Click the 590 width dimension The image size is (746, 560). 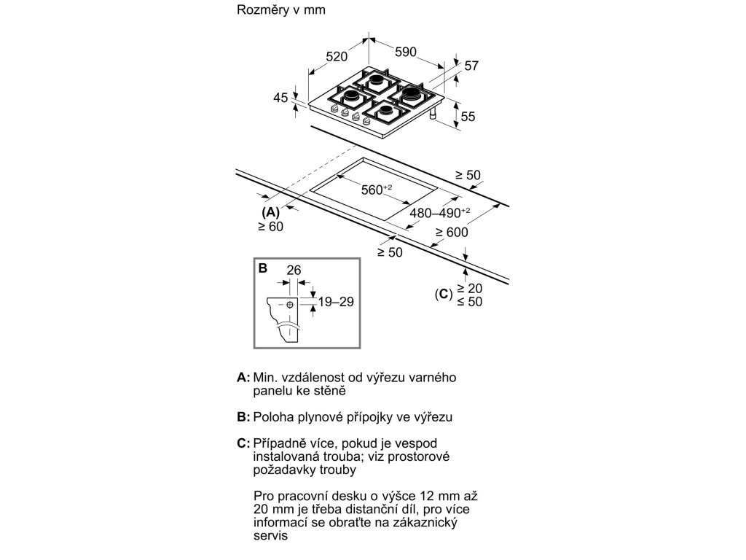405,52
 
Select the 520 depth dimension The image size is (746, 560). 337,56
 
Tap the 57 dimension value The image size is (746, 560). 471,66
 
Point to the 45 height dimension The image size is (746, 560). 281,98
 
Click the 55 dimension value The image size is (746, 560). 468,116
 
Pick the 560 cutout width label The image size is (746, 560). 376,190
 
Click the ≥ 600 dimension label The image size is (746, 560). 452,233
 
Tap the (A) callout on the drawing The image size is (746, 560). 270,211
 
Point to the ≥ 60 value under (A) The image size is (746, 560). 270,226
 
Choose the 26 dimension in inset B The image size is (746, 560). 293,271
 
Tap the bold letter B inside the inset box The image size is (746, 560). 262,268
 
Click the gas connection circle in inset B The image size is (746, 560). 290,304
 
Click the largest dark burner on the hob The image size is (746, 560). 410,93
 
